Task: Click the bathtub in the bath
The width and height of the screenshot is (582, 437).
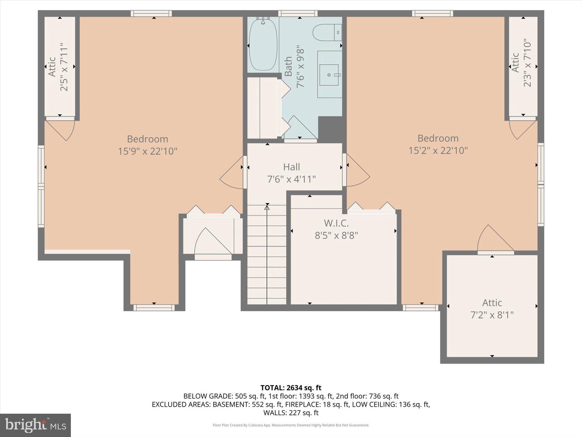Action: [263, 45]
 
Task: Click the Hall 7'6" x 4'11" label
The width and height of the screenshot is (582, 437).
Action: [291, 173]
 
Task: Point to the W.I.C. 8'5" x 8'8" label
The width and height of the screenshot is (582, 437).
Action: [336, 229]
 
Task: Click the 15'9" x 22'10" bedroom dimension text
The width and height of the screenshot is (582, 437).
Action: [148, 151]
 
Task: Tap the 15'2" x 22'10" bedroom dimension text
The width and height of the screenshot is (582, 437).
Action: [438, 150]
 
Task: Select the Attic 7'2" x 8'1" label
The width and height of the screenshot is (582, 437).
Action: [492, 308]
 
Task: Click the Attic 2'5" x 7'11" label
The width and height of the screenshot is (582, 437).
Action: [58, 67]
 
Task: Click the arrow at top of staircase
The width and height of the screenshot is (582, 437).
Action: [267, 207]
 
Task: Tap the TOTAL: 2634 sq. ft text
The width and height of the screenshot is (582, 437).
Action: [291, 388]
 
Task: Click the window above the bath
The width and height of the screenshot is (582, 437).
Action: [300, 13]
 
